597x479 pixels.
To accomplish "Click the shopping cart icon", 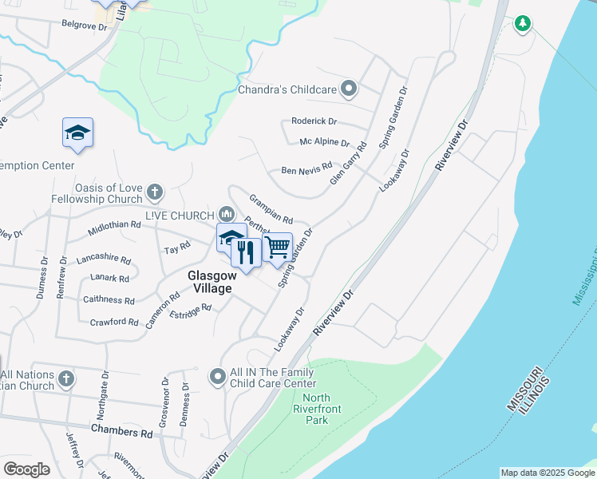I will [277, 247].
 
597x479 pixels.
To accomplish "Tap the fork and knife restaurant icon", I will [246, 253].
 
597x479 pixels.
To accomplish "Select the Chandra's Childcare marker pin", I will [348, 89].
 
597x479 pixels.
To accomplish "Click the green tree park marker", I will [523, 24].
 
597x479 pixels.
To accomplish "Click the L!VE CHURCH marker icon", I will [226, 214].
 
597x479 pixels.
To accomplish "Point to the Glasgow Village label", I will [210, 281].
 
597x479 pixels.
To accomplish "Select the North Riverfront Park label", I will [317, 409].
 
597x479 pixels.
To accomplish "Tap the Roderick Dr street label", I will [314, 121].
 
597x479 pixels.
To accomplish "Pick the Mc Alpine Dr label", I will [324, 143].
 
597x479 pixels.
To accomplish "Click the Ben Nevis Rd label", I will [306, 171].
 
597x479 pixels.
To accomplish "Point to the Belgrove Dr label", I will [84, 26].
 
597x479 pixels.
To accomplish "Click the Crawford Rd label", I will [114, 322].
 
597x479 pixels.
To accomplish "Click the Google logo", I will [26, 469].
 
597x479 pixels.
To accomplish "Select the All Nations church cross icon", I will [66, 378].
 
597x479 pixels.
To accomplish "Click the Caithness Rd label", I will [109, 300].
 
